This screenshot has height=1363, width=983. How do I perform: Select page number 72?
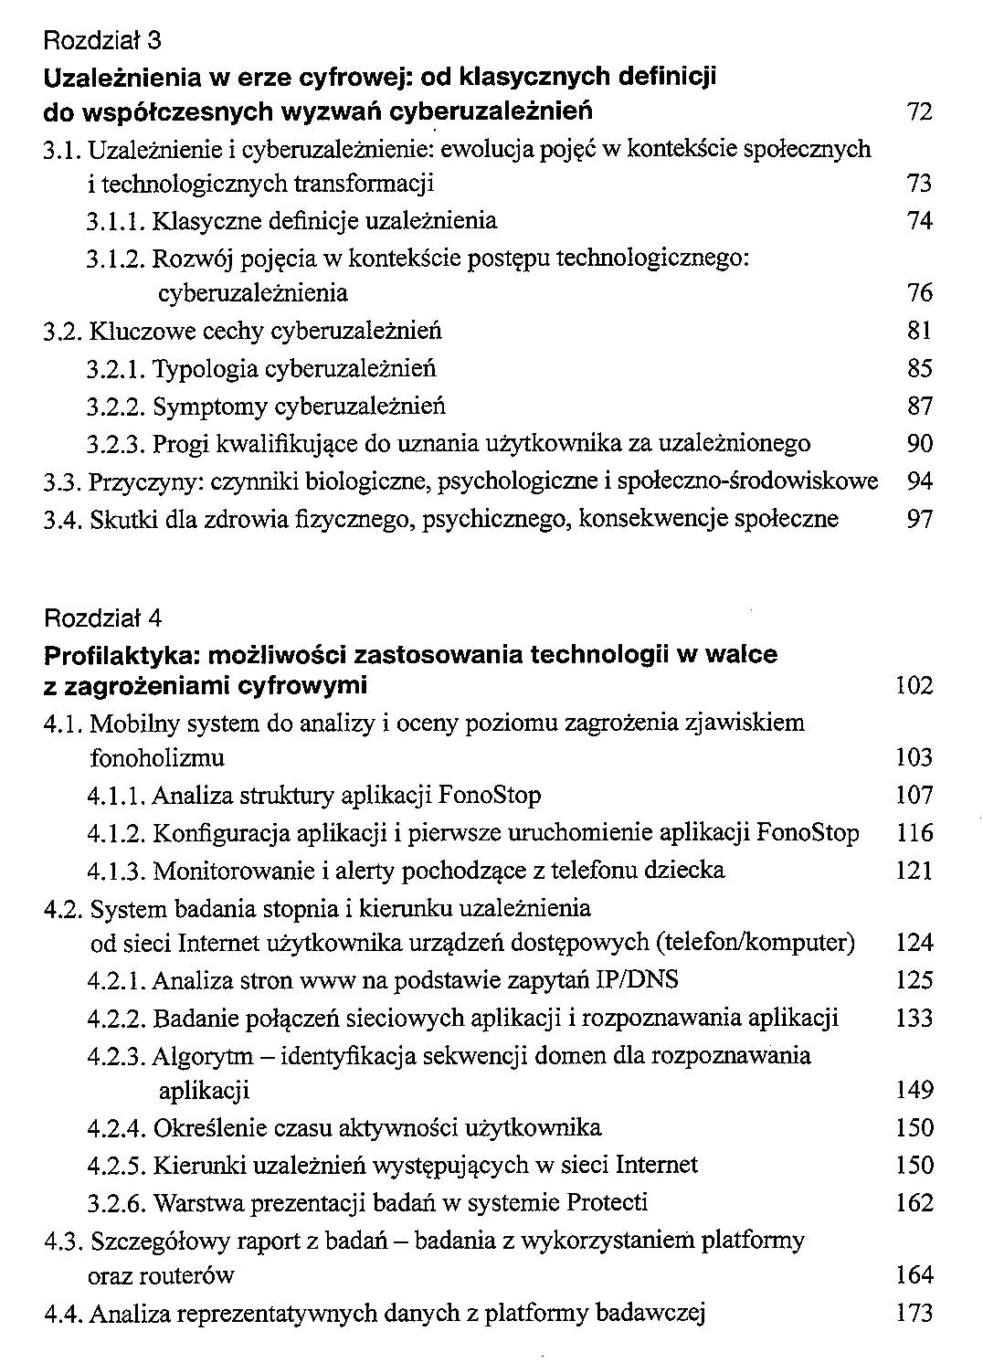click(918, 112)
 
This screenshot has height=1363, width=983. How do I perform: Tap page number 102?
click(914, 685)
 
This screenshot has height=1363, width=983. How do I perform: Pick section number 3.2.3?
click(116, 445)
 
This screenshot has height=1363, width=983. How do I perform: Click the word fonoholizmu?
click(157, 758)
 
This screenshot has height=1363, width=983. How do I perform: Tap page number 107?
click(914, 796)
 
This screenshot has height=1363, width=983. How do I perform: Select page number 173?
click(914, 1315)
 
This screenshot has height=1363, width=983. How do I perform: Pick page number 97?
click(919, 520)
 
